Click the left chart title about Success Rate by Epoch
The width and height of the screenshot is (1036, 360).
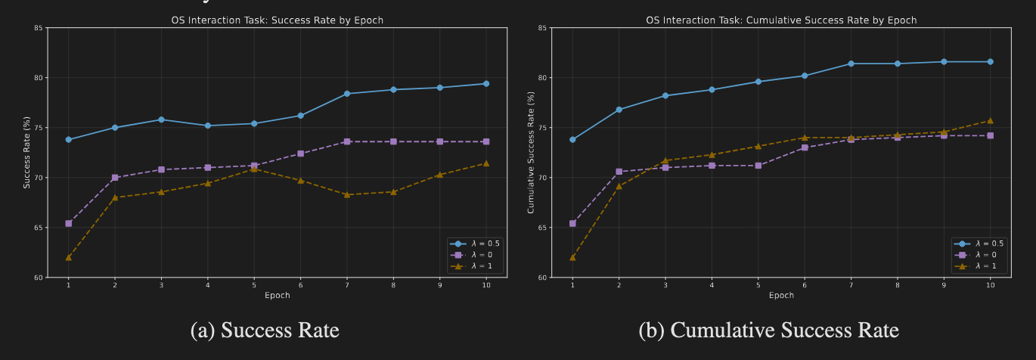277,20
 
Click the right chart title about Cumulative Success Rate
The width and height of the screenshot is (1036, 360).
781,20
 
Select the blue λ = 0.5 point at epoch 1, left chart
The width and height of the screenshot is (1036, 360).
69,139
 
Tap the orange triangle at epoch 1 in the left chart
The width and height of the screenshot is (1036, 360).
69,257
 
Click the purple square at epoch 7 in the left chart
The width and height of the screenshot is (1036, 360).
347,141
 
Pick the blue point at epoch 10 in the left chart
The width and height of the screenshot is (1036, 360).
486,84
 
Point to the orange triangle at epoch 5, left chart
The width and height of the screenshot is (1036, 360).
254,169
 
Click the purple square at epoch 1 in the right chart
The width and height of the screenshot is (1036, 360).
572,223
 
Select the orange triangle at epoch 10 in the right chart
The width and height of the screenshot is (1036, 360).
991,120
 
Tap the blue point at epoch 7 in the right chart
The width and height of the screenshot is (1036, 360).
851,64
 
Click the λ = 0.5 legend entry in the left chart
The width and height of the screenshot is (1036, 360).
474,244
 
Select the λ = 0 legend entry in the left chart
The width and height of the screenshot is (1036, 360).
474,255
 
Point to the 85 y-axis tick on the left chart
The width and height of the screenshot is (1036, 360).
38,28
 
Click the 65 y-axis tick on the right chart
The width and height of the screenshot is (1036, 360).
542,228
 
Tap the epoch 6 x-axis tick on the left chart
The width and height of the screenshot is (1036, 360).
300,284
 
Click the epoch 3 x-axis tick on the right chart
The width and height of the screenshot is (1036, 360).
665,284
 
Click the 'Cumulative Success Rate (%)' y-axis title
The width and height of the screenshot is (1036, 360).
531,152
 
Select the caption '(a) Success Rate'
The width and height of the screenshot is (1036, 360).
265,331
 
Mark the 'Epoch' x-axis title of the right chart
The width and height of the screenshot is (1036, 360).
781,295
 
